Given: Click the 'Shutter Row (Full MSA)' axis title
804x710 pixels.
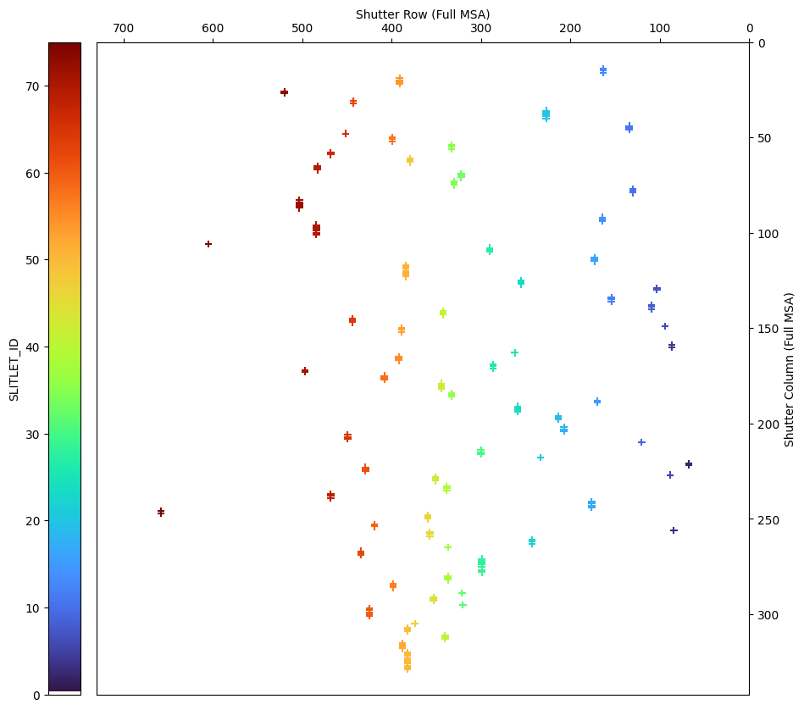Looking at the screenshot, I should click(423, 14).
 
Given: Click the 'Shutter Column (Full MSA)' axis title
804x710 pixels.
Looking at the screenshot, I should click(789, 369).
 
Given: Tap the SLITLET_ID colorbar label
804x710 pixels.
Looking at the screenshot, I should click(14, 369).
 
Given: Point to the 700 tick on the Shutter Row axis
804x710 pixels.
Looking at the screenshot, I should click(123, 29).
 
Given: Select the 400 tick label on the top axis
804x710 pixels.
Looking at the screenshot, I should click(391, 29).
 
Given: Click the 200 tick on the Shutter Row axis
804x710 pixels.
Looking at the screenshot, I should click(570, 29).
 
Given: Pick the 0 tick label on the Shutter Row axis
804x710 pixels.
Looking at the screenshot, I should click(749, 29).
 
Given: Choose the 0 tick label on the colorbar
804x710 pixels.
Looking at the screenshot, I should click(37, 695).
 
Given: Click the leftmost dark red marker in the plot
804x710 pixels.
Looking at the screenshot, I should click(161, 512).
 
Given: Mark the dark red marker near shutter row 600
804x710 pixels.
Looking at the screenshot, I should click(208, 244).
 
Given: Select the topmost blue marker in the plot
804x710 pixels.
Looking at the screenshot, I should click(603, 70).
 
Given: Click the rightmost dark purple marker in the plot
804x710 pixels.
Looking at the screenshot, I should click(689, 464).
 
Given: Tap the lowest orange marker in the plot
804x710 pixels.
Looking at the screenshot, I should click(408, 668).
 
